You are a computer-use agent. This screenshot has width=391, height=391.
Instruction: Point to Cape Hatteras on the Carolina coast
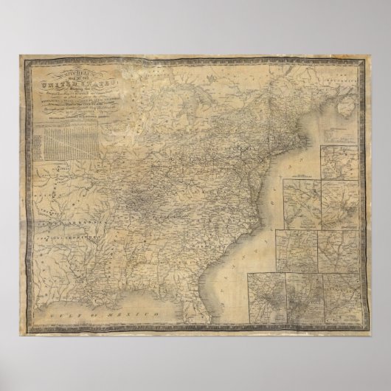click(x=267, y=193)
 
